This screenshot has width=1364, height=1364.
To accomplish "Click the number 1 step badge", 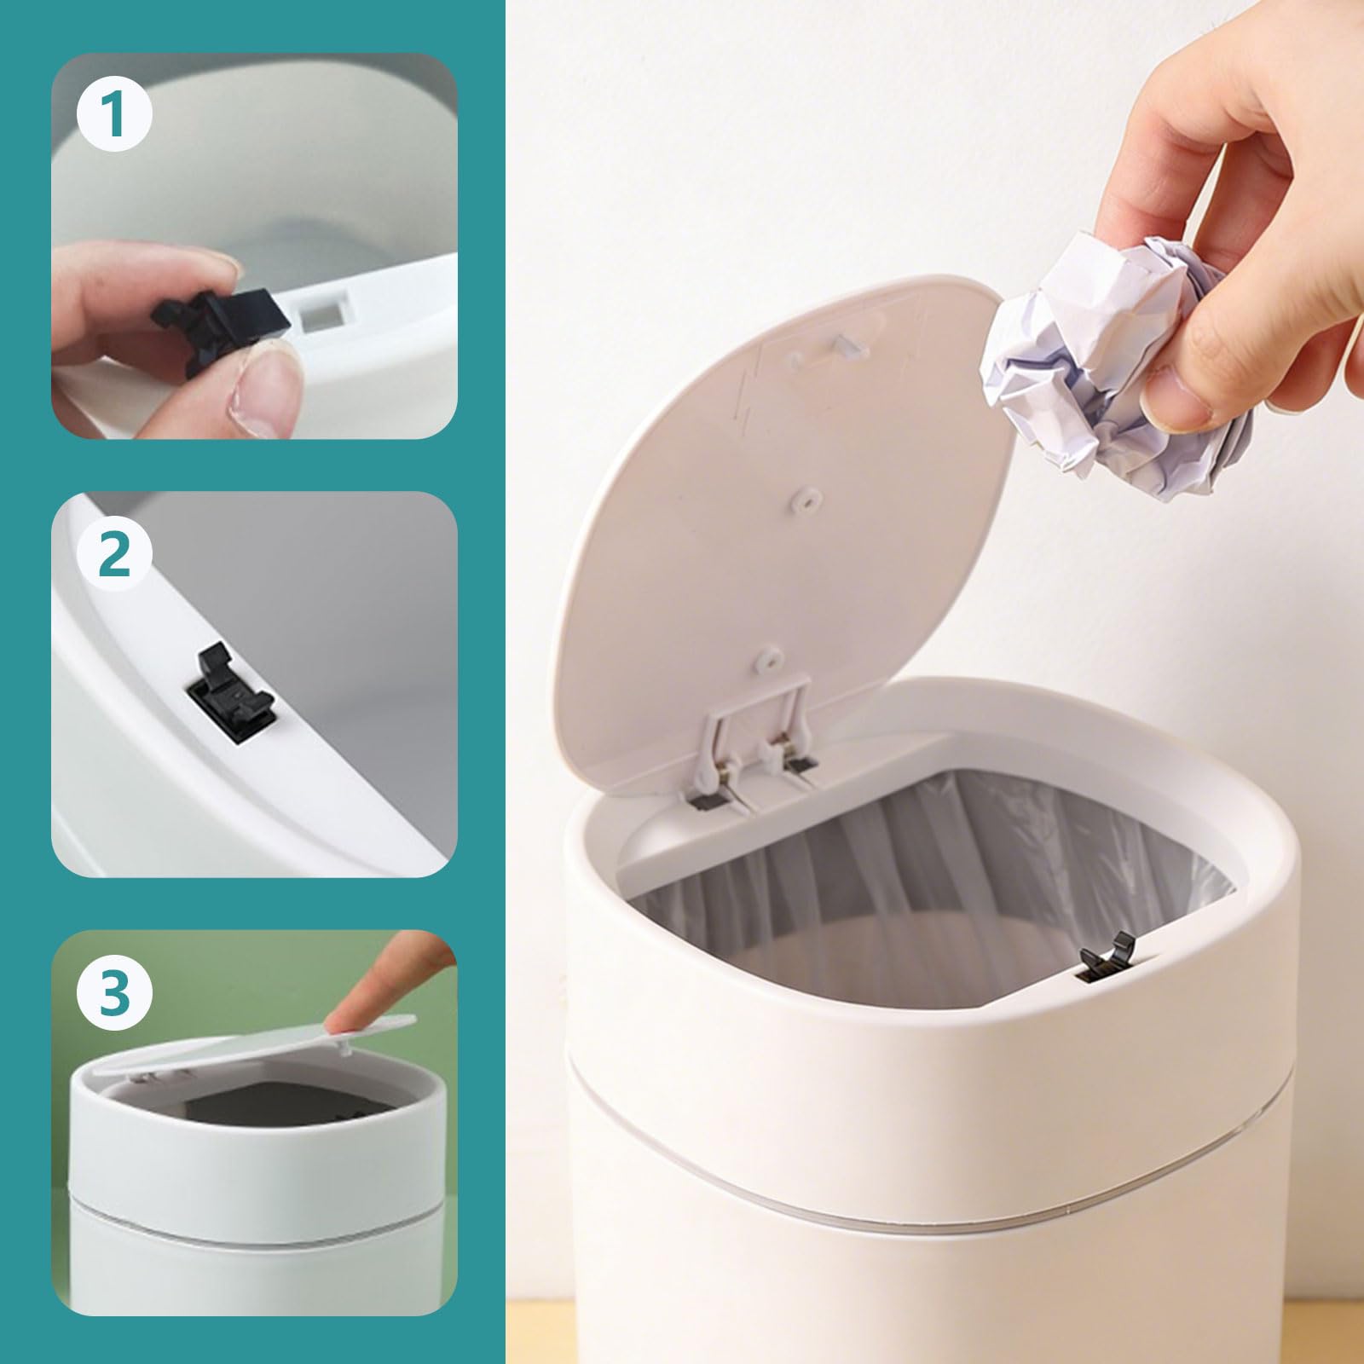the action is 114,116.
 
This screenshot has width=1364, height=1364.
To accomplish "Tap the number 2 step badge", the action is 114,556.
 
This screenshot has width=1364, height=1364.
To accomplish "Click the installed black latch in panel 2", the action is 236,693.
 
